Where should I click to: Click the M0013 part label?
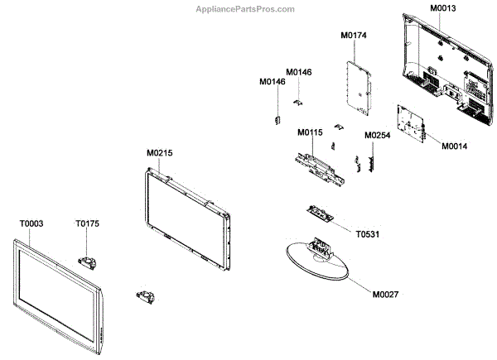442,8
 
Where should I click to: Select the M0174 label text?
354,36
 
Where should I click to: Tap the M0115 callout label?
310,132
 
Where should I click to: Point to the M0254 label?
377,135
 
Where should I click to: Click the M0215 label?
159,153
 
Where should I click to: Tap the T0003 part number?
31,223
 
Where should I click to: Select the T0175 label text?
87,223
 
